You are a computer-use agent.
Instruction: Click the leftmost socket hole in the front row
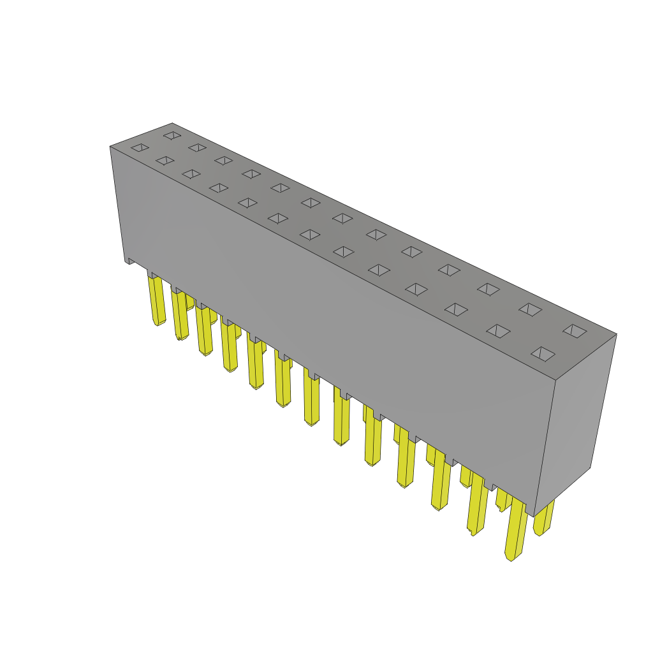point(140,148)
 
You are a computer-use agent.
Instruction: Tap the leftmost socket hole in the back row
point(172,135)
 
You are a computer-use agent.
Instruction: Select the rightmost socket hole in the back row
point(575,331)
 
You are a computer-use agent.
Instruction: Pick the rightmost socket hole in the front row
point(543,354)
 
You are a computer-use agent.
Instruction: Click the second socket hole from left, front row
point(165,161)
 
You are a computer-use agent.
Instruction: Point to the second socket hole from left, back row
point(197,147)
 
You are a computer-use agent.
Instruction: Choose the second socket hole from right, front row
point(498,331)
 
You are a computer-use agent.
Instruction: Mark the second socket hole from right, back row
point(530,310)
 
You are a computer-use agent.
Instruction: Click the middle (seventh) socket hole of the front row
point(311,235)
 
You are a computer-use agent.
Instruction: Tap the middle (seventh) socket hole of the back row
point(342,219)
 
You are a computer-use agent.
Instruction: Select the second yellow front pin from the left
point(180,316)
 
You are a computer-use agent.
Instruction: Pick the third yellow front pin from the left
point(204,332)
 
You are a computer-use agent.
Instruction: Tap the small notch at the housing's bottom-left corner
point(131,261)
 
